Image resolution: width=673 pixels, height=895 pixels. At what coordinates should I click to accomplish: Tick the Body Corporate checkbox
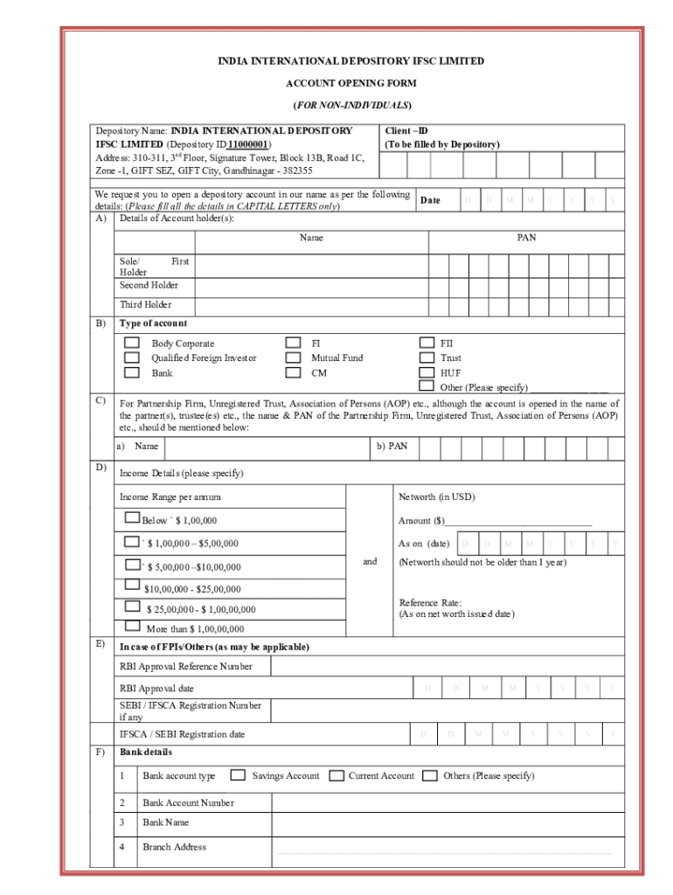131,343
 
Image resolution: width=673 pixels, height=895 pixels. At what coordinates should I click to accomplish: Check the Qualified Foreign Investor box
131,357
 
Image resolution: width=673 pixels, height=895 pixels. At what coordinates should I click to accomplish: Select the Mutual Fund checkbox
294,357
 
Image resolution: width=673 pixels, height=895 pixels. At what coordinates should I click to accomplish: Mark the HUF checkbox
427,372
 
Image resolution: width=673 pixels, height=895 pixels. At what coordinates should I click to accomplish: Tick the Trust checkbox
427,357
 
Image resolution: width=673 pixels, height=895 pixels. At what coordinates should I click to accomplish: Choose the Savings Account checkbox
237,775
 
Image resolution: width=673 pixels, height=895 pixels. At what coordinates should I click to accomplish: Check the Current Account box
336,775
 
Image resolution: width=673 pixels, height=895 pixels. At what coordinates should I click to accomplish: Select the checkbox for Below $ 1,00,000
133,519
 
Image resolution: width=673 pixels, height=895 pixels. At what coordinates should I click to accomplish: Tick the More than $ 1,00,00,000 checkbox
133,626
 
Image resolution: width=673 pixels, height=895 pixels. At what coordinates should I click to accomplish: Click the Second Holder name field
310,286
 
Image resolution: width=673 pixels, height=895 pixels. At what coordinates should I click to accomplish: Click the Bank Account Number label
188,802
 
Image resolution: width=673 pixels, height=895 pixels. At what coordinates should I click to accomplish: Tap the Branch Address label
174,847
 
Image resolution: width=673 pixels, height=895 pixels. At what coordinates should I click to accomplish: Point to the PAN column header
526,238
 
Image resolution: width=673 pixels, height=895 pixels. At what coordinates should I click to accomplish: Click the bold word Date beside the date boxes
430,200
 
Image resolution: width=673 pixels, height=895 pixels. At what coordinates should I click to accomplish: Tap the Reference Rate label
430,602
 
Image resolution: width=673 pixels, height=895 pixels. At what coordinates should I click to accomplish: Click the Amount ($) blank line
518,521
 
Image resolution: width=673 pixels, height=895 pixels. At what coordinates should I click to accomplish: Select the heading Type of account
153,323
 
